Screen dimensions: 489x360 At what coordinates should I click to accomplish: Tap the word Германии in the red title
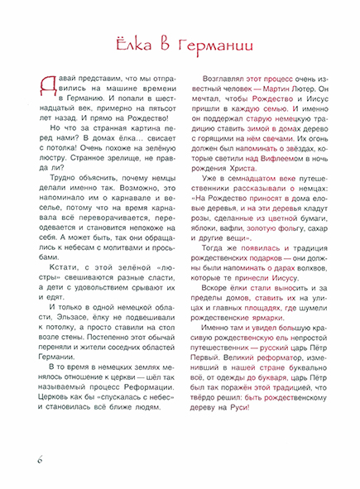217,43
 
